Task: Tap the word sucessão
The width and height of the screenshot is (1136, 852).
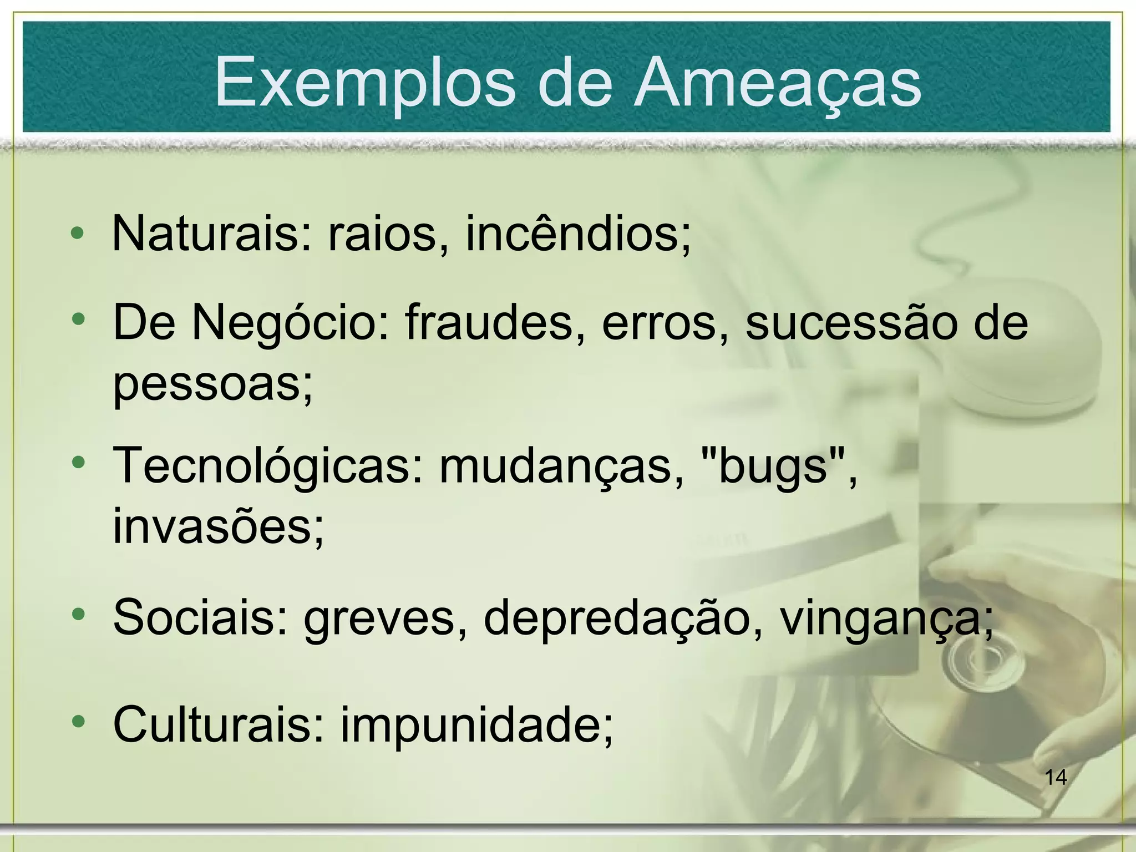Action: pos(851,323)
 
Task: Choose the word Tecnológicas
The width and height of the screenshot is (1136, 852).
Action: pos(268,466)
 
